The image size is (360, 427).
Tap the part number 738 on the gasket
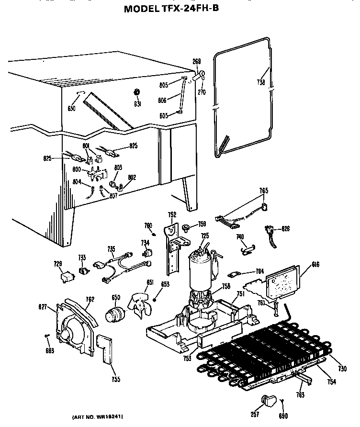pos(260,82)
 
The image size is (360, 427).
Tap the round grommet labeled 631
pos(136,92)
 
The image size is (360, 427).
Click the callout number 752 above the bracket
pos(172,214)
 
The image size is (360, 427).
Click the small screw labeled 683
pos(47,336)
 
